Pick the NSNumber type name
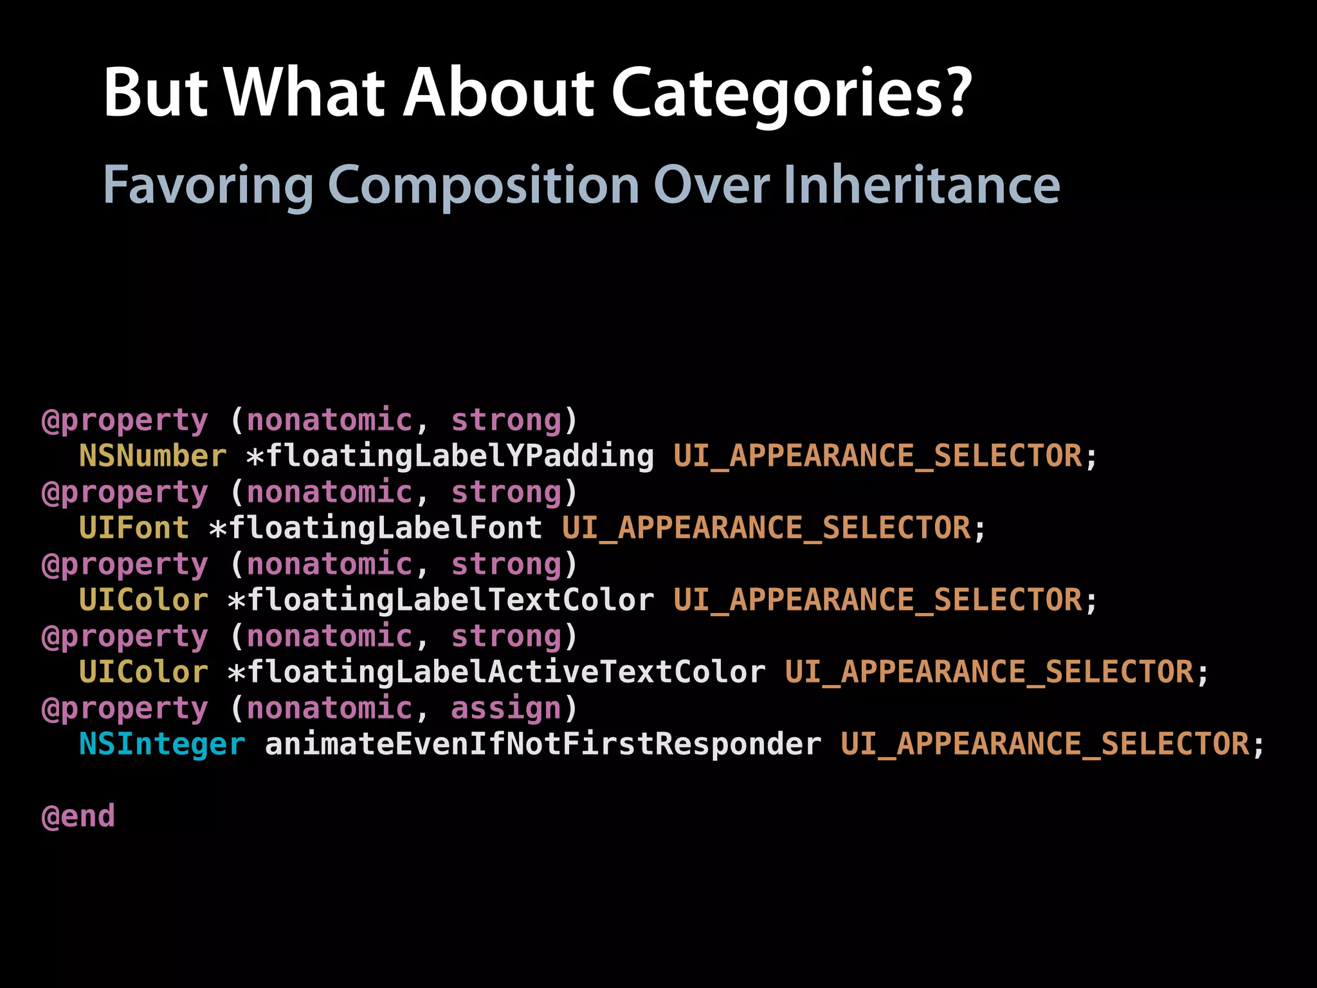tap(152, 456)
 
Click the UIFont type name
tap(134, 528)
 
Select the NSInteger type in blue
tap(162, 744)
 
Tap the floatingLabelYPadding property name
tap(460, 456)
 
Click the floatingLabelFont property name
tap(386, 528)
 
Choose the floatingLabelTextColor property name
tap(450, 600)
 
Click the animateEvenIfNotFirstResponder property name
tap(543, 744)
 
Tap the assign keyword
tap(506, 708)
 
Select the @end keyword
tap(78, 816)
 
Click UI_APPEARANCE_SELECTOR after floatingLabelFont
tap(766, 528)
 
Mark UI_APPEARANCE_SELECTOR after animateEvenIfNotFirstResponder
tap(1045, 744)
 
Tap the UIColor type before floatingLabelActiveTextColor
tap(143, 672)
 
